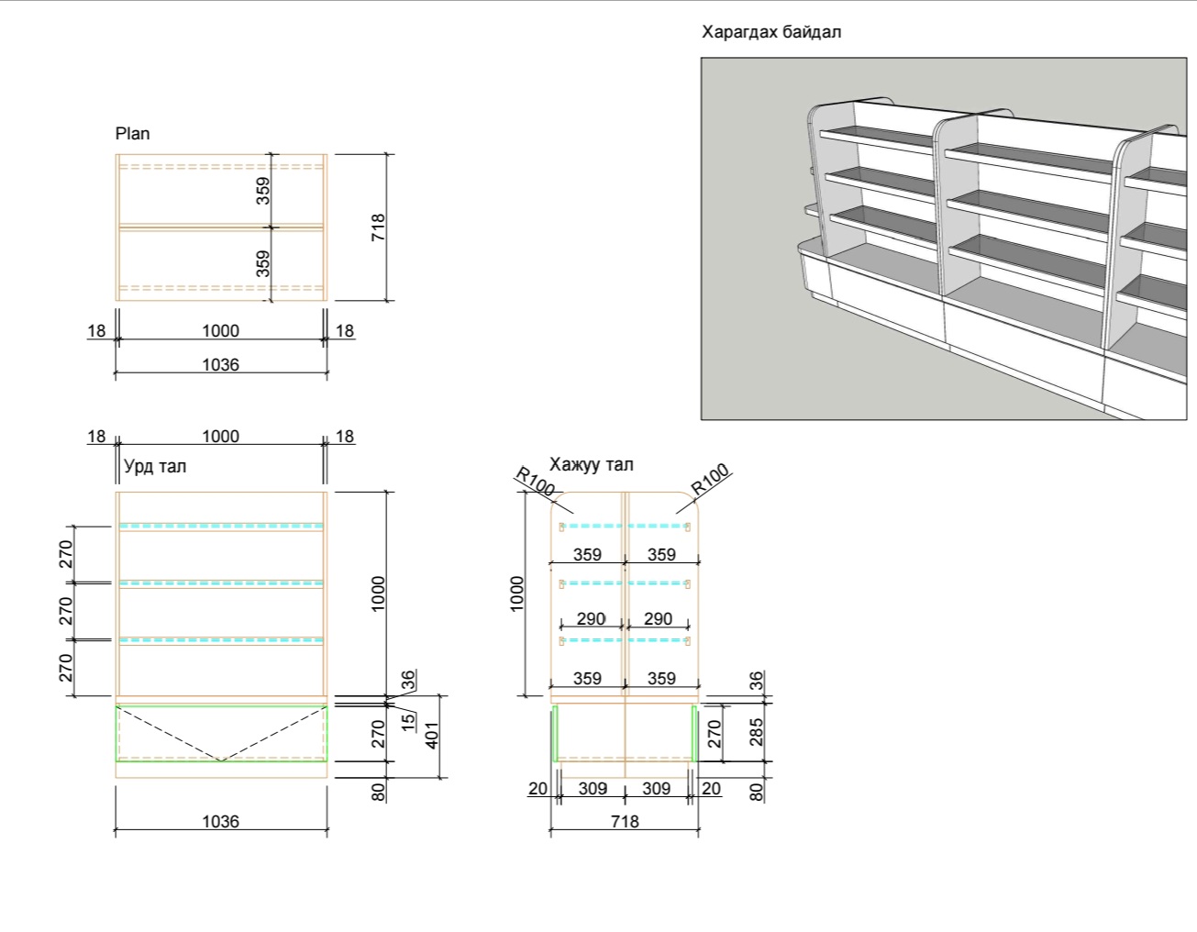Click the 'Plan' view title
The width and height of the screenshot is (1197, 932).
pos(132,134)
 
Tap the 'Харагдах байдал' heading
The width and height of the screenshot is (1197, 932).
pos(771,32)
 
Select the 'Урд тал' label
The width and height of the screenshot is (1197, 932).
pos(155,466)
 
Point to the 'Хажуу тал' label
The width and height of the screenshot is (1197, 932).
pos(591,465)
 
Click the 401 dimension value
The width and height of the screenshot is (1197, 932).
pos(433,735)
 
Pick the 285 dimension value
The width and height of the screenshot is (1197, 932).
pos(757,732)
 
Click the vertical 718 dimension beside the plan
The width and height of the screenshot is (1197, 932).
pos(378,227)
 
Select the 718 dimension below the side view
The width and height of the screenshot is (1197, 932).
pos(625,821)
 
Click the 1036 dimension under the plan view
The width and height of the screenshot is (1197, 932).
pos(220,364)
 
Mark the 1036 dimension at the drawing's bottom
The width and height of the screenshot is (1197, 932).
pos(220,821)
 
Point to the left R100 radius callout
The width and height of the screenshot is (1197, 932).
pos(535,482)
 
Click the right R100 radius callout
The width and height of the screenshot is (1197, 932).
pos(711,479)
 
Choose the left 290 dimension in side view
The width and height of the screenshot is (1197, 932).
pos(591,619)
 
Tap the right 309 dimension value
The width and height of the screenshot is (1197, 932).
pos(656,788)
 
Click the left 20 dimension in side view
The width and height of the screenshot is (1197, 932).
pos(538,788)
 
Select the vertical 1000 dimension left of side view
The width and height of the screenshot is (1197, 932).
pos(517,594)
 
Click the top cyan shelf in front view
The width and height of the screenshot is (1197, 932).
pos(220,527)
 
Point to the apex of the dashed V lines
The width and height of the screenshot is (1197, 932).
pos(220,760)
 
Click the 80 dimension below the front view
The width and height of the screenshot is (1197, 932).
pos(378,791)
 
